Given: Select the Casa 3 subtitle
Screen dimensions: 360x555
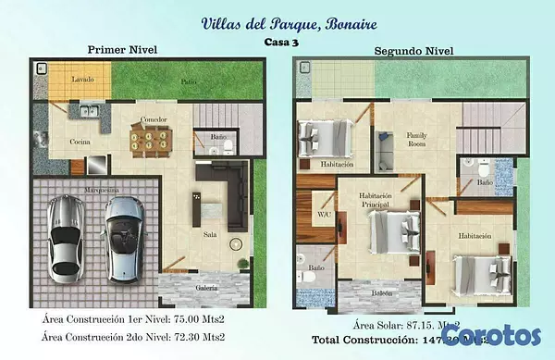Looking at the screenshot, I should tap(278, 41).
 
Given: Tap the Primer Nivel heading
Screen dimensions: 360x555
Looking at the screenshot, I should tap(120, 50).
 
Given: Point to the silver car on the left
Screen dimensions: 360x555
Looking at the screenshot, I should tap(65, 236).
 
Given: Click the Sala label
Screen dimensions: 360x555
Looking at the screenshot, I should tap(210, 234).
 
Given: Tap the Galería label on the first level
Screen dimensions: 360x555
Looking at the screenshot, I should tap(207, 288).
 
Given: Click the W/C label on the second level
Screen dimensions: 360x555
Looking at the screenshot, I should tap(324, 214).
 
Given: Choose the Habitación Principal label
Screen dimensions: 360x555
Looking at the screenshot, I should tap(376, 200).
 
